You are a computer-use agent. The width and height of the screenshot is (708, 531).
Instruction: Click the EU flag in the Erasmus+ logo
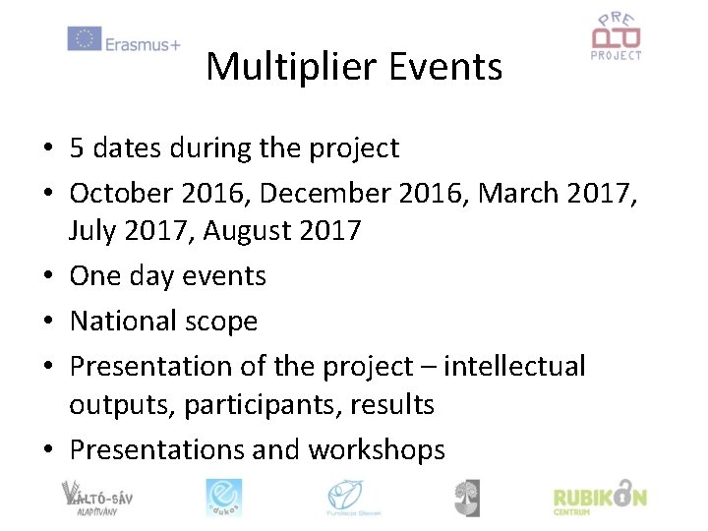click(85, 38)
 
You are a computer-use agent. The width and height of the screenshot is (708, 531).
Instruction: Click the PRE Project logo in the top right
click(616, 37)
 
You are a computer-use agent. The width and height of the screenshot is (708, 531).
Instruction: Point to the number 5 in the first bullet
click(77, 148)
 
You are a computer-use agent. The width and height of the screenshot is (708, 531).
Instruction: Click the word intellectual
click(514, 366)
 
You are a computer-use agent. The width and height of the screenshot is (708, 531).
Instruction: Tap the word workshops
click(377, 449)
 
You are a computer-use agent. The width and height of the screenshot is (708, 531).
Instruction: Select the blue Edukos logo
click(223, 497)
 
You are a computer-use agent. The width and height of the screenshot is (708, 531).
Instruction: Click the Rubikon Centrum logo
click(600, 497)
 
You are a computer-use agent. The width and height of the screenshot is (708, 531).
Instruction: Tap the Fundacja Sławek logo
click(354, 497)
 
